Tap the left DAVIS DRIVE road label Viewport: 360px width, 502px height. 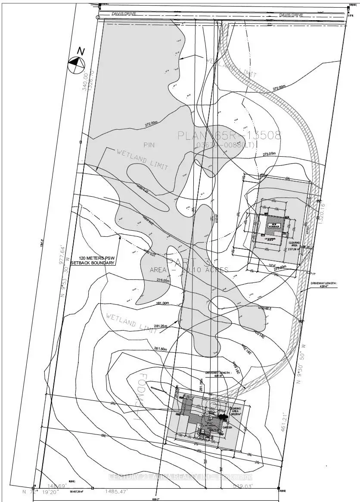point(124,14)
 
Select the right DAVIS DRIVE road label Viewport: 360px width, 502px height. point(291,15)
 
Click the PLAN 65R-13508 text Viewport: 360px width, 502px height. point(229,136)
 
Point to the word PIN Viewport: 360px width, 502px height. point(149,145)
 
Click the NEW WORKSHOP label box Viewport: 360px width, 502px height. point(274,226)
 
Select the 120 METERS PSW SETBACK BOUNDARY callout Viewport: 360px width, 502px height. point(93,260)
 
